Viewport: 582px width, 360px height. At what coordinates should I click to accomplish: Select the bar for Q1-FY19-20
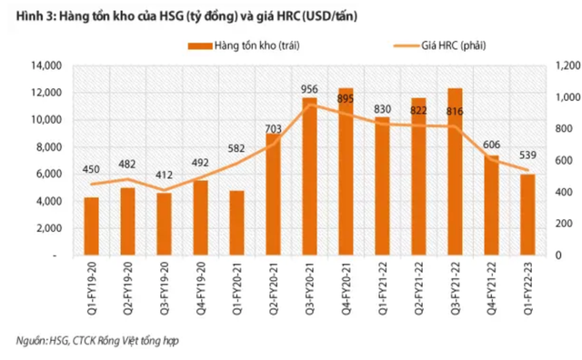(x=91, y=227)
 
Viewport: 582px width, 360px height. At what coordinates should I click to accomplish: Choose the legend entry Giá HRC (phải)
(x=447, y=45)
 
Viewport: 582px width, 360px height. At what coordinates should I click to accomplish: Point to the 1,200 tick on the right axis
(x=557, y=66)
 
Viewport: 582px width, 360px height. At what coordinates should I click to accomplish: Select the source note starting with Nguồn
(x=86, y=341)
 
